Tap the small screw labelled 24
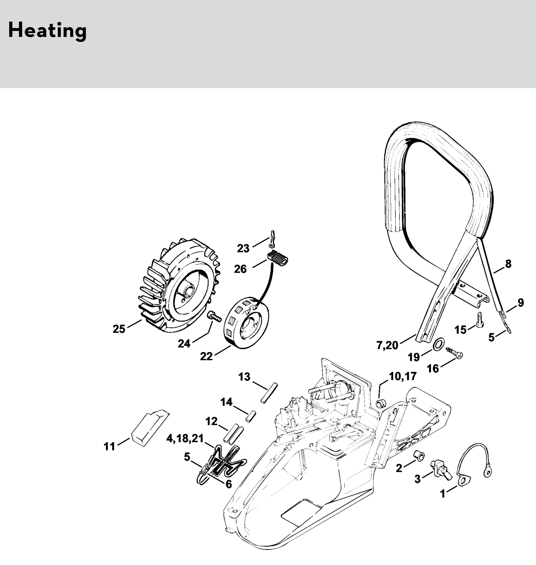(214, 317)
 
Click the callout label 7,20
(387, 345)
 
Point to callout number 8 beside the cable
(508, 264)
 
